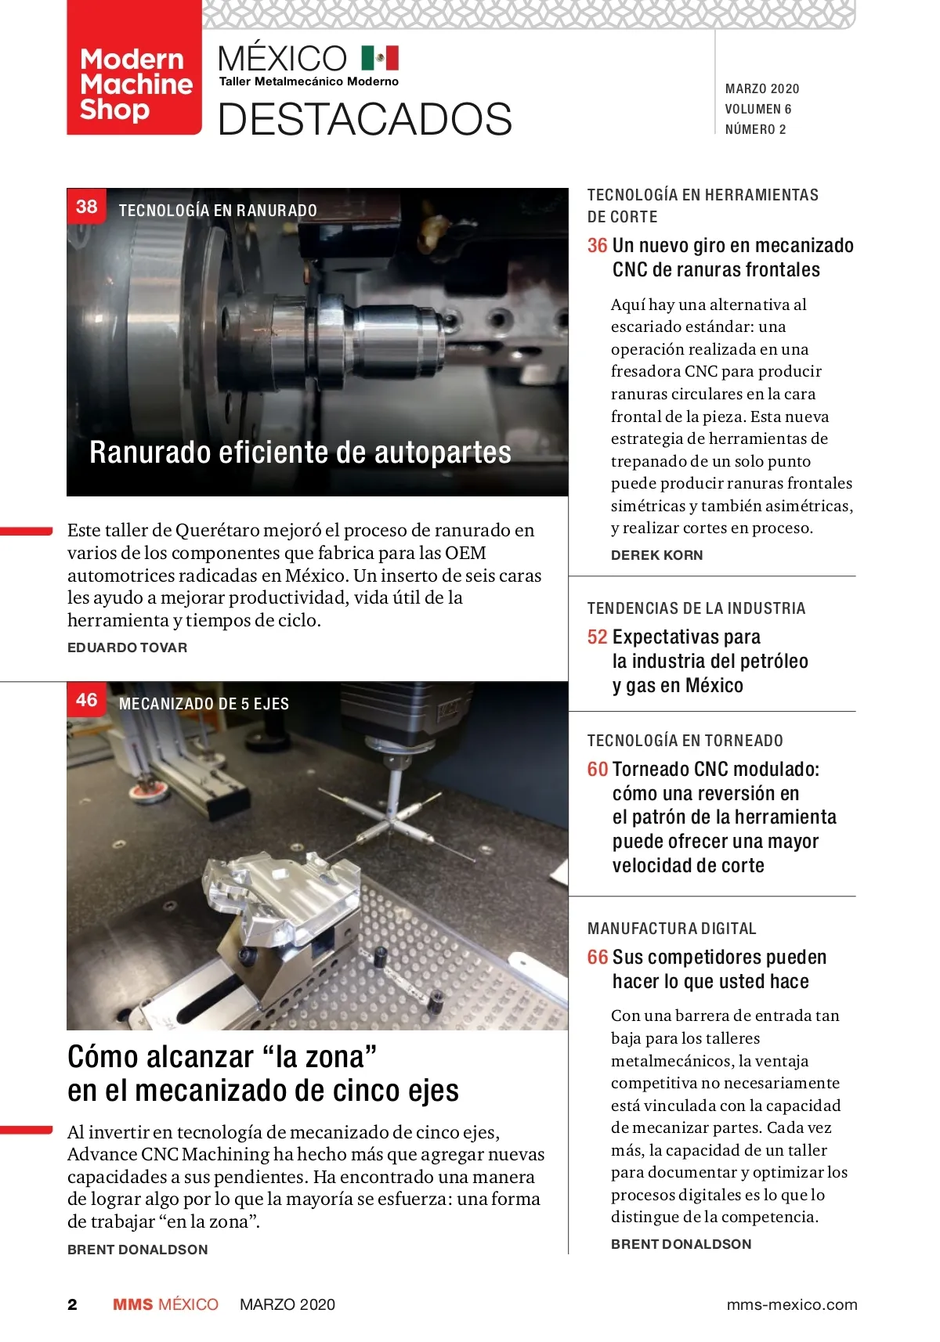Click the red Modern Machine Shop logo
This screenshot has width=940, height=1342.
click(x=134, y=67)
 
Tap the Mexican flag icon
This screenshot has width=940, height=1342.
click(x=380, y=58)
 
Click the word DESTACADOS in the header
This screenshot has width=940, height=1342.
click(x=364, y=119)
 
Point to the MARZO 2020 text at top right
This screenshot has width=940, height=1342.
click(x=762, y=88)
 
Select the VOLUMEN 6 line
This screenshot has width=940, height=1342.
click(x=757, y=109)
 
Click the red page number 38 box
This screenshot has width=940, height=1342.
click(x=86, y=206)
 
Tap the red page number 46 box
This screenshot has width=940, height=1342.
click(x=86, y=699)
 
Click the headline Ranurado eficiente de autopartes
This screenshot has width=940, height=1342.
click(x=300, y=452)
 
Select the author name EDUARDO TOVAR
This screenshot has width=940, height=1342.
click(x=127, y=647)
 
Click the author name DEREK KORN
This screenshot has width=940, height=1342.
click(x=656, y=555)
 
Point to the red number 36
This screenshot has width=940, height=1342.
click(x=597, y=245)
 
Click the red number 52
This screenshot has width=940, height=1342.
click(x=597, y=637)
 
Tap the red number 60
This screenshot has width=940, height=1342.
click(x=597, y=769)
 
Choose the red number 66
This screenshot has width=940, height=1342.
click(x=597, y=957)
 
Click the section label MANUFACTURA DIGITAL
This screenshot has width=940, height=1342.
click(x=671, y=928)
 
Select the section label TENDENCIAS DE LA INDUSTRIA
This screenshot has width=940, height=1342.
click(x=696, y=608)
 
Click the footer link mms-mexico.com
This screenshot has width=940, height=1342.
click(x=791, y=1304)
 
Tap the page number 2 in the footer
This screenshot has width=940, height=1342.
click(x=73, y=1304)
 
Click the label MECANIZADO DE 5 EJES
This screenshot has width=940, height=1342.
click(x=204, y=703)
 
